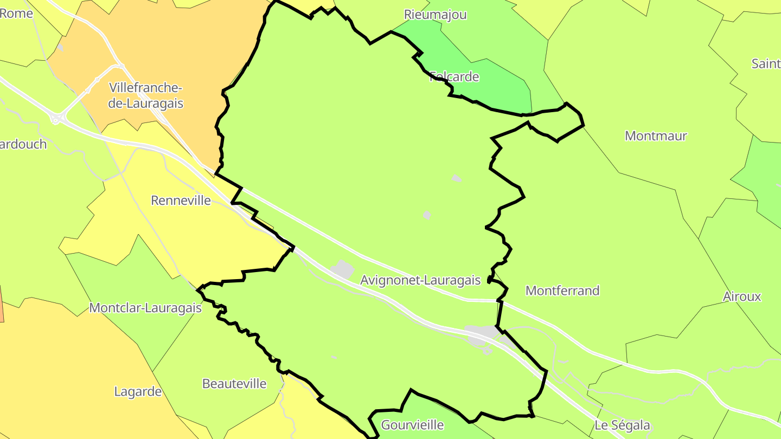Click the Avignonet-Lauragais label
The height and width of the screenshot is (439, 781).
pos(420,280)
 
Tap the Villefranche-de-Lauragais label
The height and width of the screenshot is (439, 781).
pos(146,95)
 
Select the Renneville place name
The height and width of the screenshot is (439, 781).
pos(181,201)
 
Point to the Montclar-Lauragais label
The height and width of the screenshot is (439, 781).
pos(145,308)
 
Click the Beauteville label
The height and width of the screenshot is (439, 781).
pos(234,384)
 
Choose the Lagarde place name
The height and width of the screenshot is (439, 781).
pos(138,391)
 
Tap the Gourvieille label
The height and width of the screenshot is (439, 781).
pos(412,425)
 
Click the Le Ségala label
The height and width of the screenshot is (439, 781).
pos(622,425)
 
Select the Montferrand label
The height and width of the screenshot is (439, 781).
pos(562,290)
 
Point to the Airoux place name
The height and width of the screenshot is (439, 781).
pos(742,296)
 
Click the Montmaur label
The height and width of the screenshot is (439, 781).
pos(656,135)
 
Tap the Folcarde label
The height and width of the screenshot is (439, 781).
pos(454,76)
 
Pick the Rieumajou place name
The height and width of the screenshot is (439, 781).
pos(436,15)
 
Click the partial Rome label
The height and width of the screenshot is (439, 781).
pos(16,13)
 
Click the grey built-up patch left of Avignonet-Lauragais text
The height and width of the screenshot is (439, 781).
pos(343,269)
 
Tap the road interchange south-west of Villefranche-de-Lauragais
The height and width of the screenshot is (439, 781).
pos(56,118)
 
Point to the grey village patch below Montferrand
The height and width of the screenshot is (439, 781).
pos(480,334)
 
